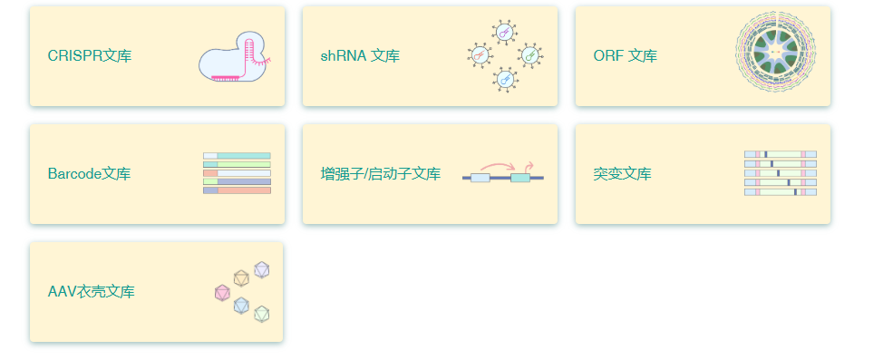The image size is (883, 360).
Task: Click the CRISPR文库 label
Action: click(90, 56)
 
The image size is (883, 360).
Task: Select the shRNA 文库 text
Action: click(360, 56)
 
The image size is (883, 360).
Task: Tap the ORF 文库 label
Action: click(626, 56)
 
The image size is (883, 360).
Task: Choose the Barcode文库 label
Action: click(89, 174)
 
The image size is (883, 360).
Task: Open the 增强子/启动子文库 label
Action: click(381, 174)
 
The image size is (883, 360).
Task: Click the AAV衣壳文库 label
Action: click(92, 292)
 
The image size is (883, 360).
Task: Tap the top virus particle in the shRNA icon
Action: click(505, 33)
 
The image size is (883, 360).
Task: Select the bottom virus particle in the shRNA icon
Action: click(505, 80)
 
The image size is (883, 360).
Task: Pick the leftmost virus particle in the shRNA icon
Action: click(480, 56)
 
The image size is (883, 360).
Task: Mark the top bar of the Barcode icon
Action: click(237, 156)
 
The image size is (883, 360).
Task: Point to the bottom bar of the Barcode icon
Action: click(237, 190)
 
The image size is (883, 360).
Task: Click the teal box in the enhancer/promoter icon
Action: click(520, 178)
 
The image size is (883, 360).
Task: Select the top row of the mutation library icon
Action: click(780, 154)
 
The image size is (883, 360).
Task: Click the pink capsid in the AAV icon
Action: click(222, 293)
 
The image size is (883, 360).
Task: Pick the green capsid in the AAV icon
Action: click(262, 314)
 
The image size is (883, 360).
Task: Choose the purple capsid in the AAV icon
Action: click(262, 269)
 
